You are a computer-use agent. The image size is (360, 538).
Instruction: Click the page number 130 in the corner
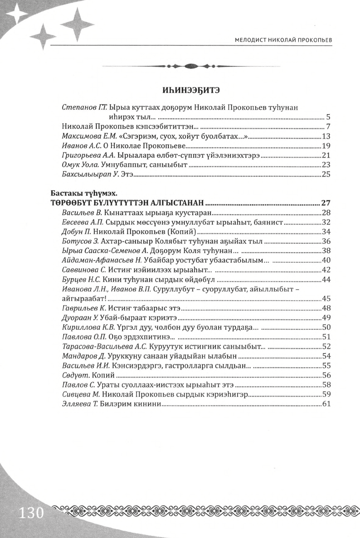30,512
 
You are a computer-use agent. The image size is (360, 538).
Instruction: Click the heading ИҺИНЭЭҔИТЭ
191,90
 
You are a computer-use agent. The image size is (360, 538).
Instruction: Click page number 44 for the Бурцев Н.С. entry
326,279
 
